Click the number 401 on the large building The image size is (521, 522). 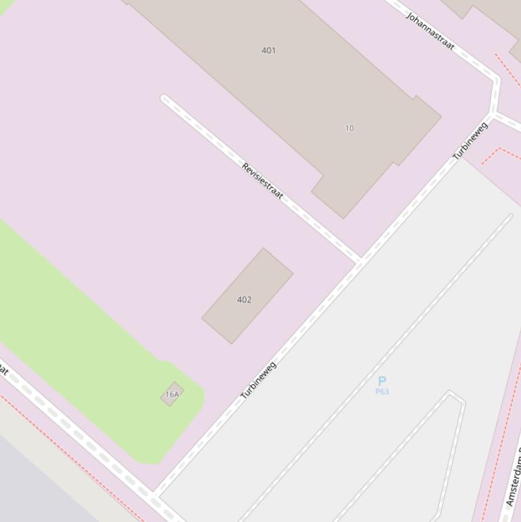(269, 50)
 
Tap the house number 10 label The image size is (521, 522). (350, 128)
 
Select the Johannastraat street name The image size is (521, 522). (430, 31)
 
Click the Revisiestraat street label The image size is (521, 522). (262, 180)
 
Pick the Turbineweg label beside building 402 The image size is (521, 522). (259, 380)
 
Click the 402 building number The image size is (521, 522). (245, 300)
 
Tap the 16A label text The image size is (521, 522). (172, 395)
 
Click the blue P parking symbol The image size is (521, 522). (382, 381)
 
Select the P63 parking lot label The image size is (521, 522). (382, 392)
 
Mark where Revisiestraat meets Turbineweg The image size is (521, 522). (360, 260)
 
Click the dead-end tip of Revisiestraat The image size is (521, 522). (164, 99)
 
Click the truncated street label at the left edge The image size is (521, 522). (3, 370)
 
